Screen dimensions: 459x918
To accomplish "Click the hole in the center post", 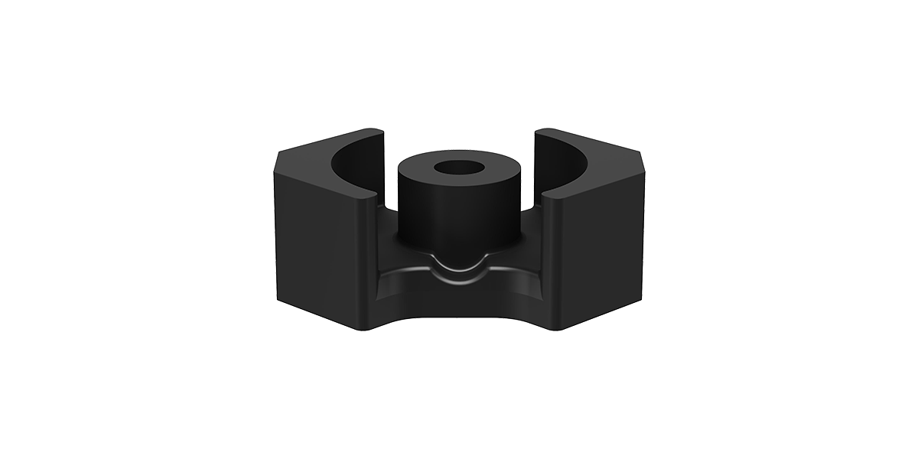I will (458, 168).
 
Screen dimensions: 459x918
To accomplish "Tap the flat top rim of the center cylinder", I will (428, 170).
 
